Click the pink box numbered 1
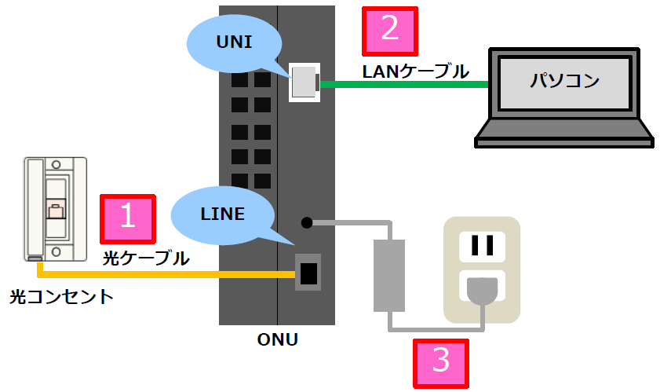(128, 218)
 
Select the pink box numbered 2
(388, 31)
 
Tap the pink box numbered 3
(441, 363)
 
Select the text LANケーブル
(415, 71)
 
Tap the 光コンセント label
(61, 296)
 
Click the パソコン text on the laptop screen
(564, 81)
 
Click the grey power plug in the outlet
(480, 291)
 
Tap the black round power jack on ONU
(307, 222)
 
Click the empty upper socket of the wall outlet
(481, 245)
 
